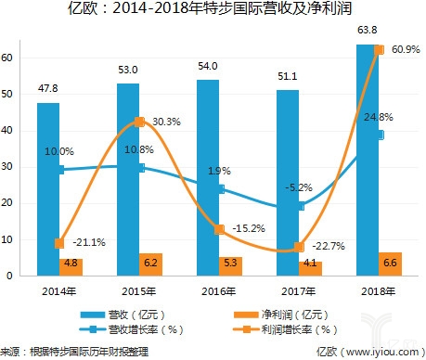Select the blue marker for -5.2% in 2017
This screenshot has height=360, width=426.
[x=302, y=205]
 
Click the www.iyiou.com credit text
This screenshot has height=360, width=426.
[x=369, y=352]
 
